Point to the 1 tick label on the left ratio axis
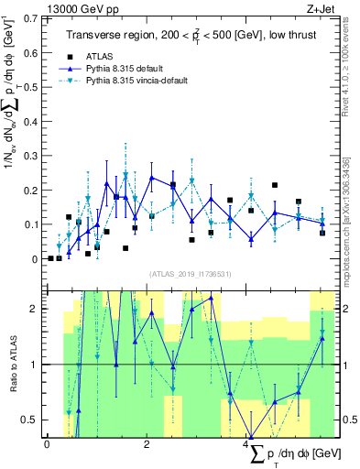click(35, 365)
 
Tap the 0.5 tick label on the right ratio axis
click(346, 420)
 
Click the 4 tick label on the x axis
click(248, 444)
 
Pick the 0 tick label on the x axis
click(47, 444)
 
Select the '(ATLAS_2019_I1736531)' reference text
click(191, 274)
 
